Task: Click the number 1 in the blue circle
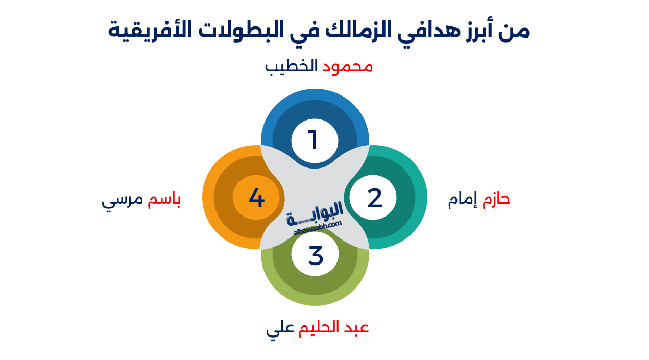point(314,140)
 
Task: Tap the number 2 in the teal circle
point(374,198)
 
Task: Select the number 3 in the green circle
point(316,255)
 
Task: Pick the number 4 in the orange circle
point(256,198)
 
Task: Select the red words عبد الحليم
point(333,327)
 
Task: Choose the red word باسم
point(164,200)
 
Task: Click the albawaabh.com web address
point(318,228)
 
